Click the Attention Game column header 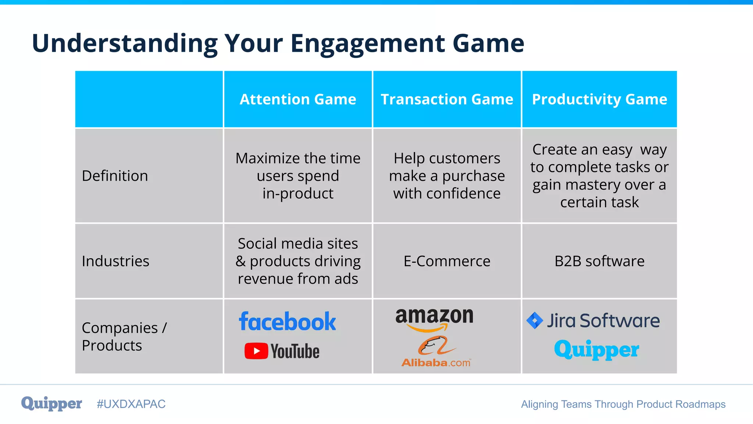[x=298, y=99]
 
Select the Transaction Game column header [x=447, y=99]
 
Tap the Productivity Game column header [x=599, y=99]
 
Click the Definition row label [x=115, y=176]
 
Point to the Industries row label [x=115, y=261]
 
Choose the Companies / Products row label [x=124, y=336]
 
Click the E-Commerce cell [x=447, y=261]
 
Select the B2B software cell [x=599, y=261]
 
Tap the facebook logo [x=287, y=322]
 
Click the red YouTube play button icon [x=256, y=351]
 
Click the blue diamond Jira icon [x=535, y=320]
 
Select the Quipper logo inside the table [x=596, y=350]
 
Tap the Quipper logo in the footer [x=51, y=404]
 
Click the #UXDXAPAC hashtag [x=131, y=404]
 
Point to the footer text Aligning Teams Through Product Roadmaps [x=623, y=404]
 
